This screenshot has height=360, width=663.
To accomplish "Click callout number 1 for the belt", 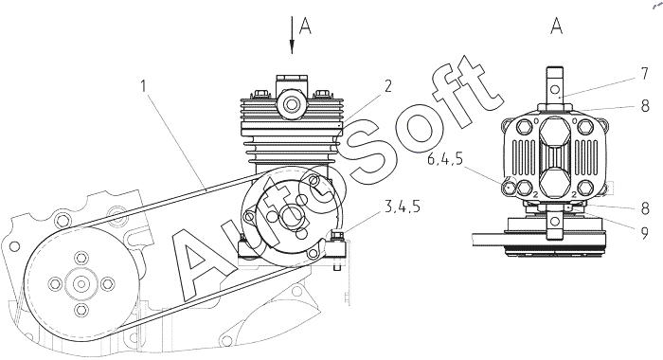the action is pyautogui.click(x=144, y=87).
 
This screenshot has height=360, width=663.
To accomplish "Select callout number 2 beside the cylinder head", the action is pyautogui.click(x=388, y=86).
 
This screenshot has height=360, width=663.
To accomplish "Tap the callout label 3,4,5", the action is pyautogui.click(x=403, y=207).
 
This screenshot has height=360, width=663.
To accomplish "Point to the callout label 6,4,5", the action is pyautogui.click(x=445, y=159).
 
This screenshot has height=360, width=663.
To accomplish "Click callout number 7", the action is pyautogui.click(x=644, y=74).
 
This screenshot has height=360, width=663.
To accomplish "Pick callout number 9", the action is pyautogui.click(x=644, y=232).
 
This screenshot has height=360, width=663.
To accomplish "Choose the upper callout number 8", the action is pyautogui.click(x=645, y=106).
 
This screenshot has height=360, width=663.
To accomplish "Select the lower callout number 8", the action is pyautogui.click(x=645, y=209).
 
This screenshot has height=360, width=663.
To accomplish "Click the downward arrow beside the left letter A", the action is pyautogui.click(x=292, y=35).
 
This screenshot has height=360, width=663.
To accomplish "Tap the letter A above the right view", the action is pyautogui.click(x=557, y=27).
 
